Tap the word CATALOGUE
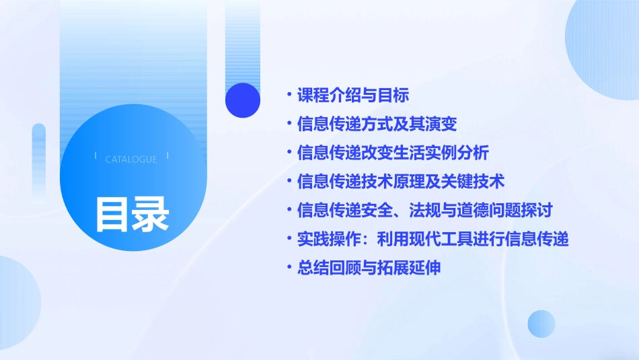pyautogui.click(x=131, y=159)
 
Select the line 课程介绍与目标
pyautogui.click(x=353, y=95)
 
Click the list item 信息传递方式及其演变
pyautogui.click(x=377, y=124)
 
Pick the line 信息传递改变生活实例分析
pyautogui.click(x=393, y=153)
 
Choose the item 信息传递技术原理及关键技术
pyautogui.click(x=401, y=182)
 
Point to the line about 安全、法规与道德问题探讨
pyautogui.click(x=424, y=210)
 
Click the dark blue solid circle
pyautogui.click(x=243, y=100)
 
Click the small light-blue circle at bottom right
pyautogui.click(x=541, y=324)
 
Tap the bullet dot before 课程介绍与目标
pyautogui.click(x=289, y=95)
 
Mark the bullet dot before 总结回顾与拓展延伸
pyautogui.click(x=289, y=268)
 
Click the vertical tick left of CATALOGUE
pyautogui.click(x=96, y=156)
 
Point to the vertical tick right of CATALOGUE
pyautogui.click(x=167, y=156)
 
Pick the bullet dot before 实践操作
pyautogui.click(x=289, y=239)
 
